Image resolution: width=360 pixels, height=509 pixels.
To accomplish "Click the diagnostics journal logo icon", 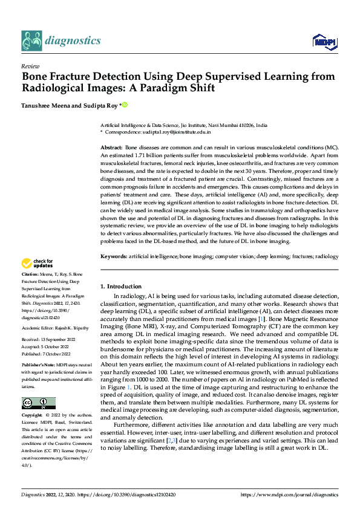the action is [31, 41].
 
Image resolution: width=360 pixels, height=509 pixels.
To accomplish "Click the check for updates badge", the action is [37, 263].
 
